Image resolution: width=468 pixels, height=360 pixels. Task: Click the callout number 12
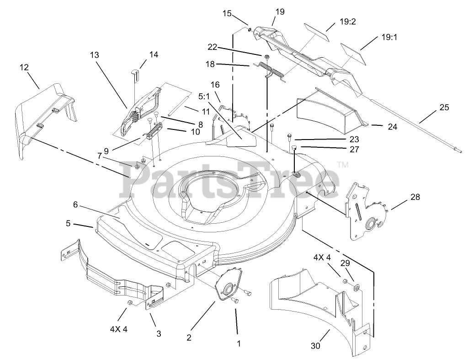click(x=24, y=67)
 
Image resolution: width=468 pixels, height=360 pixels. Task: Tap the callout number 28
click(x=415, y=197)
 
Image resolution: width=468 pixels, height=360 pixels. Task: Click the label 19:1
click(x=389, y=38)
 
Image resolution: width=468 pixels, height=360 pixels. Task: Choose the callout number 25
click(x=444, y=107)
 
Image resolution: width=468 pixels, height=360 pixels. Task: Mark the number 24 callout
click(x=392, y=127)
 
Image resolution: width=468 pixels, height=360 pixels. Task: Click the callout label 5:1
click(x=203, y=97)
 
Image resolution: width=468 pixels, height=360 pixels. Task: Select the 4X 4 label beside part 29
click(x=322, y=258)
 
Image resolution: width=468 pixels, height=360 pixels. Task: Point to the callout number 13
click(x=94, y=55)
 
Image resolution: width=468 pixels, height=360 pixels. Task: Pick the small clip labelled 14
click(x=135, y=72)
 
